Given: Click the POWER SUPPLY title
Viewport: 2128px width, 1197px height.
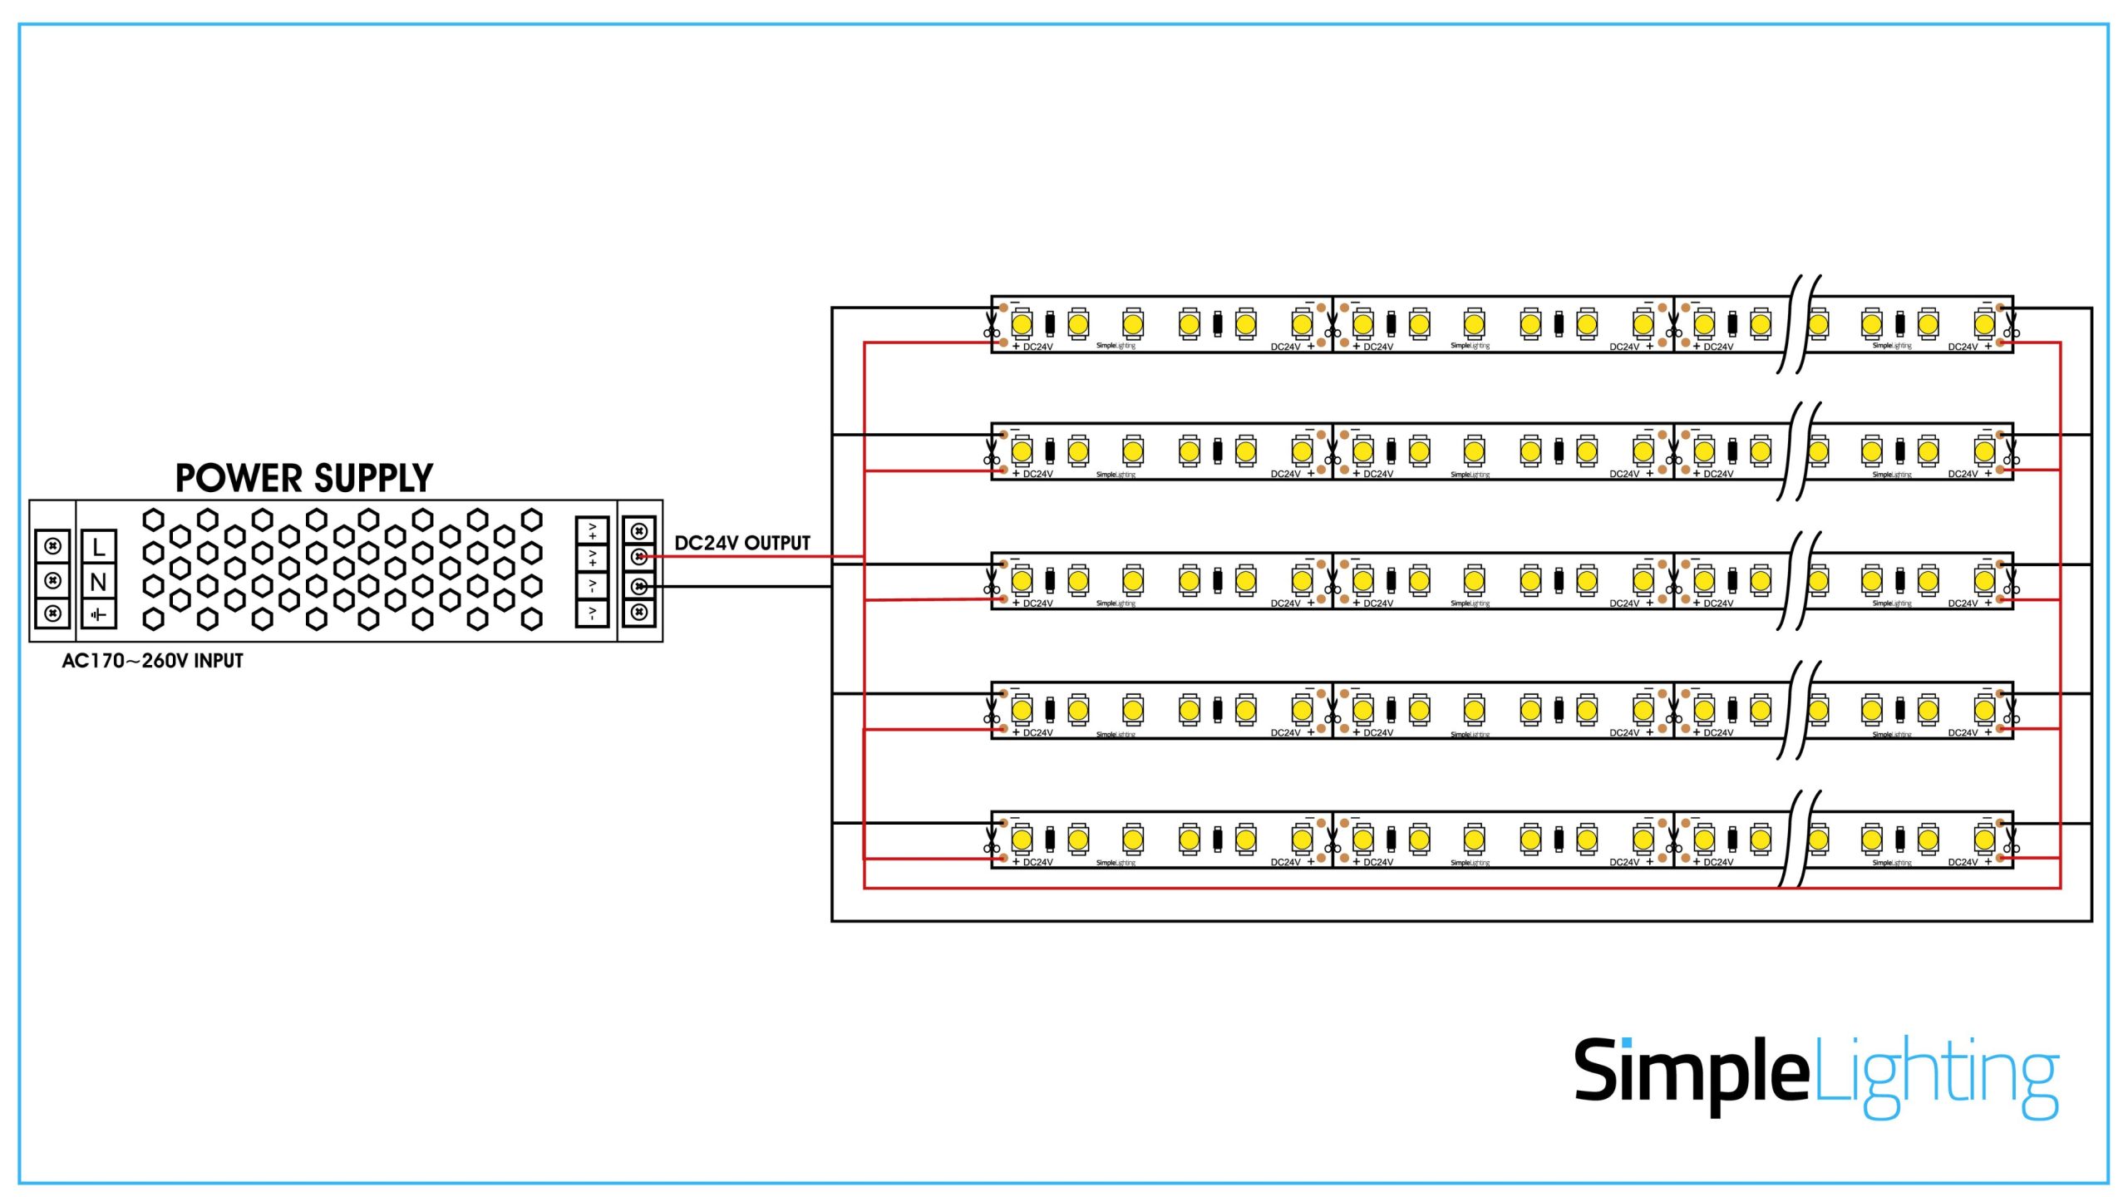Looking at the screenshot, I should click(303, 478).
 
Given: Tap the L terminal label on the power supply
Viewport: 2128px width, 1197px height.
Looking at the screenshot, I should click(98, 547).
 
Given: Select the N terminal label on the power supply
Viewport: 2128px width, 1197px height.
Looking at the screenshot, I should click(98, 582).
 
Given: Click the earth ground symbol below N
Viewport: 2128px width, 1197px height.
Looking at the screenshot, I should click(98, 615).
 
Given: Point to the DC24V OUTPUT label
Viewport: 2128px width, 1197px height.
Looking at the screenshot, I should click(741, 543).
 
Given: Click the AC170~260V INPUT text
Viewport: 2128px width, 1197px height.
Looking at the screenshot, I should click(152, 661).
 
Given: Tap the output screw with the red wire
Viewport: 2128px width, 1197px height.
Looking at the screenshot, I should click(638, 557).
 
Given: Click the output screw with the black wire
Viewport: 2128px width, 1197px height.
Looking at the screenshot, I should click(638, 586).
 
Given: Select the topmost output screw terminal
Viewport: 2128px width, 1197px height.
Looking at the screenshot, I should click(638, 531).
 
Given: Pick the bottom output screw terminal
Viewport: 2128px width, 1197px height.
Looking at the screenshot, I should click(638, 613).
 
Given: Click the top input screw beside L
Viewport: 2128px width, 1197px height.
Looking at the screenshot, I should click(53, 546).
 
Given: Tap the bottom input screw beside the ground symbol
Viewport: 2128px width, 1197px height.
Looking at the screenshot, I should click(53, 613).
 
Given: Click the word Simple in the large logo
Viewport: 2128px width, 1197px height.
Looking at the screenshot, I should click(1691, 1072).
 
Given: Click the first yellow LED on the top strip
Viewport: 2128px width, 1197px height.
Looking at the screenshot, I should click(1022, 323).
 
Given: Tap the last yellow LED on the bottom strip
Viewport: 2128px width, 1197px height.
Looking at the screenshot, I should click(1984, 840).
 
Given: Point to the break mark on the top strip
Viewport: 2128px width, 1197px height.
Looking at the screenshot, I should click(1798, 324).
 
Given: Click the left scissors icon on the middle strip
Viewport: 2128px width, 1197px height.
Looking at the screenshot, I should click(991, 582).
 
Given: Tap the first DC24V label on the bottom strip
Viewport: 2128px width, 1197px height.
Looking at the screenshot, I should click(1037, 862).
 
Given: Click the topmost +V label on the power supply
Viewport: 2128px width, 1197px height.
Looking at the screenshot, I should click(592, 530).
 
